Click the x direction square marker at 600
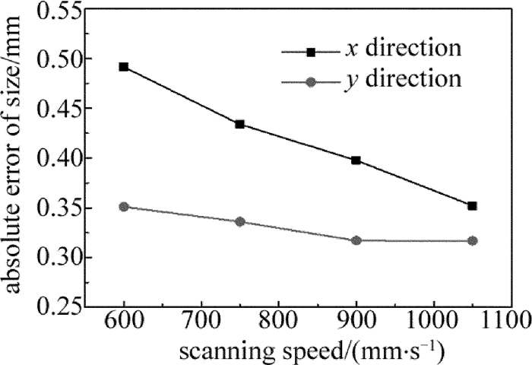click(124, 67)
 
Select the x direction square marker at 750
click(240, 124)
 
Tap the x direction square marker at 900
click(356, 160)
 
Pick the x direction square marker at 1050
click(472, 205)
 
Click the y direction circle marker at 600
click(124, 207)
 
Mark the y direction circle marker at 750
click(240, 221)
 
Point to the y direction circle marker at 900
click(356, 240)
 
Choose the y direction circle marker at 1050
click(472, 240)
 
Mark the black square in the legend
click(311, 51)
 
